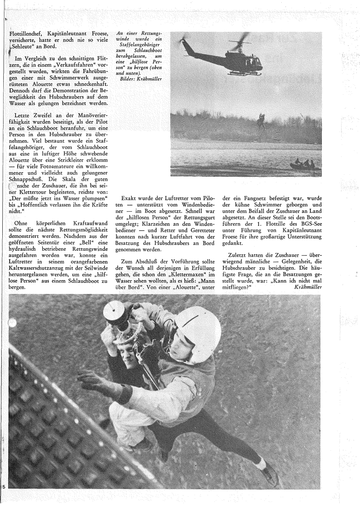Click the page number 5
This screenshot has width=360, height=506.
pyautogui.click(x=4, y=486)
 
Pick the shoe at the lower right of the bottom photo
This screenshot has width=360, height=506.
pyautogui.click(x=268, y=471)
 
